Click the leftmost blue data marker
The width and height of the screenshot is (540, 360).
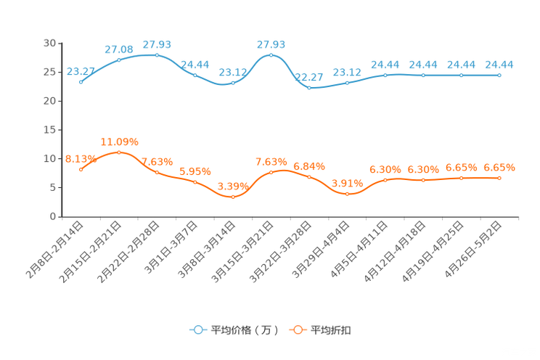point(81,82)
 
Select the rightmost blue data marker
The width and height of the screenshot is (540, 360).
point(499,75)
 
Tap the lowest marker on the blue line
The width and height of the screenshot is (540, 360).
point(309,87)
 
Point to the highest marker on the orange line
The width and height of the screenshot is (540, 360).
point(119,152)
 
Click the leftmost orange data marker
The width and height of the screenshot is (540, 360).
point(81,169)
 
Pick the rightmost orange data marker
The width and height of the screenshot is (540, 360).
point(499,177)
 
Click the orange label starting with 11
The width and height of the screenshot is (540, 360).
point(119,141)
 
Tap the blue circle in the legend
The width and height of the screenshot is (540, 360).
point(197,330)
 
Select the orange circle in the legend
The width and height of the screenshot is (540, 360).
point(298,330)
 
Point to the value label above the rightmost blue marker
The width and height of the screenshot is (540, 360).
point(499,65)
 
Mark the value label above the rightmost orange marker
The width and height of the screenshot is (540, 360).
point(499,168)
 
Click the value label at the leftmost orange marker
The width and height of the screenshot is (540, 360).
point(79,159)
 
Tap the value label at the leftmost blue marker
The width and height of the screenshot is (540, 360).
point(81,71)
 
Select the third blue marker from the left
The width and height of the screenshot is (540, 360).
point(157,54)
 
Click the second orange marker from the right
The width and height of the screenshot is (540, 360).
point(461,177)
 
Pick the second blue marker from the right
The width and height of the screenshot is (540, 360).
point(461,75)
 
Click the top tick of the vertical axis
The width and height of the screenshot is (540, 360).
point(60,44)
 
